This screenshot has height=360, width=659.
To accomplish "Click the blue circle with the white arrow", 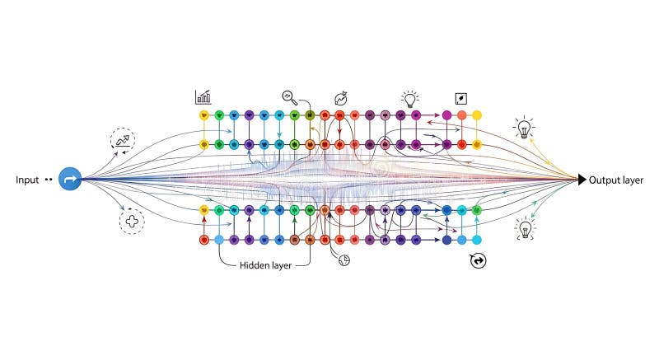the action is coord(70,179).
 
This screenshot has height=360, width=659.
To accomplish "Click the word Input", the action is coord(27,179).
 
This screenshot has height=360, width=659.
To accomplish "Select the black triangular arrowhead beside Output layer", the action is coord(582,180).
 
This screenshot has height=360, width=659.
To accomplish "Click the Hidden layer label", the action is coord(266,265).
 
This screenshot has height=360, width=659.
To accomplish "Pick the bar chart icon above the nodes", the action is coord(203,97).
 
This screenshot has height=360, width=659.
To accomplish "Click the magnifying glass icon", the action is coord(289,96).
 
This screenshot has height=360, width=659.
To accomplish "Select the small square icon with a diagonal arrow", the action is coord(460,97).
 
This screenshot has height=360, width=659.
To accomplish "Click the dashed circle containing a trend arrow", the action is coord(124,141).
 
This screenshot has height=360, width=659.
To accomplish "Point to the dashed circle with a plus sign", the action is coord(131,221).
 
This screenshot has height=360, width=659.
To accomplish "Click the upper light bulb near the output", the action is coord(523,128).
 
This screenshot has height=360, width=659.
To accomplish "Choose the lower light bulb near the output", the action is coord(524,228).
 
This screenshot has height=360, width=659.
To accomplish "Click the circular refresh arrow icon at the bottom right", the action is coord(477,260).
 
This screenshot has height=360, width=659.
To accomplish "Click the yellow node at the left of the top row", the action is coord(203,115).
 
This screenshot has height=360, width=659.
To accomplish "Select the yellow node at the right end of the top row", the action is coord(476,115).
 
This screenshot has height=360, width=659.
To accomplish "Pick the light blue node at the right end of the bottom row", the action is coord(476,240).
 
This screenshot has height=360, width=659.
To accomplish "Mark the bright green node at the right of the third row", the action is coord(476,210).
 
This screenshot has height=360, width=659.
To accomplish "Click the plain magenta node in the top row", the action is coord(446,115).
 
